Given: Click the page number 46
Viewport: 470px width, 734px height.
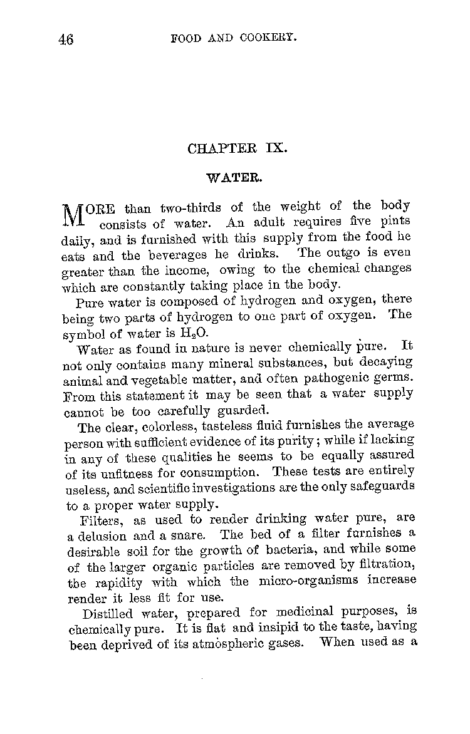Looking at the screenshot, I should pyautogui.click(x=66, y=39).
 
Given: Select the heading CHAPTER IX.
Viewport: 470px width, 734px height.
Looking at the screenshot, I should pyautogui.click(x=237, y=149).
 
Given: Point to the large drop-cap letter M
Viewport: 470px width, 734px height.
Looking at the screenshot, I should pyautogui.click(x=75, y=215).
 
